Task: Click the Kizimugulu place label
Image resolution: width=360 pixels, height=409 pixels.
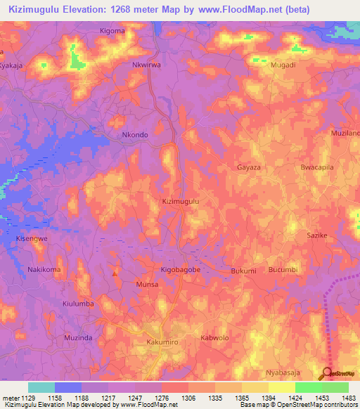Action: click(181, 201)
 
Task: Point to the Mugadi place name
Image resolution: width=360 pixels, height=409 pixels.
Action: click(283, 64)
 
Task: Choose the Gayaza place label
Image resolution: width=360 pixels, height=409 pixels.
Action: click(249, 169)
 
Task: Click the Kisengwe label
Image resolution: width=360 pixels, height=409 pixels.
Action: click(32, 239)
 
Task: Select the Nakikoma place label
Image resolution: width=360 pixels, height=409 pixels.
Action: click(44, 270)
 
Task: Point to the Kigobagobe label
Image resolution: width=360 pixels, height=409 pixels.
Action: click(181, 271)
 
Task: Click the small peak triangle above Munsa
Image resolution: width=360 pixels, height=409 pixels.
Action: click(115, 272)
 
